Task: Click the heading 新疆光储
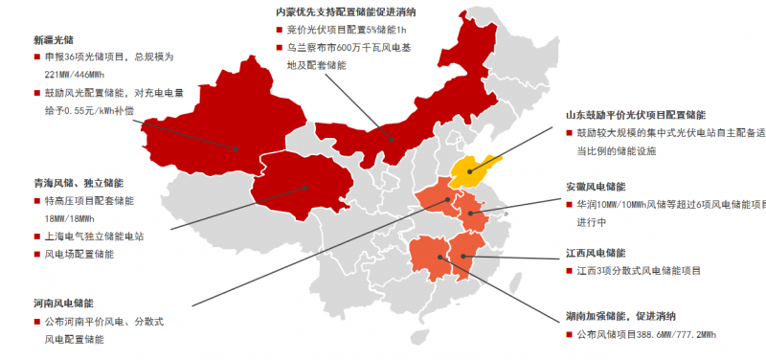[53, 40]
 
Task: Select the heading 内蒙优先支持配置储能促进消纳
[345, 11]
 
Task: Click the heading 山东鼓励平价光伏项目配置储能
[636, 114]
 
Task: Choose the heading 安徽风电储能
[595, 187]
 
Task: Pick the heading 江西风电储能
[595, 253]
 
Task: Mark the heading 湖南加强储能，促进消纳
[620, 316]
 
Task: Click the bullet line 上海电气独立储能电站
[94, 236]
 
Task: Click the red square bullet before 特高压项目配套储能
[36, 201]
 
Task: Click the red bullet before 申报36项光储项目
[36, 57]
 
